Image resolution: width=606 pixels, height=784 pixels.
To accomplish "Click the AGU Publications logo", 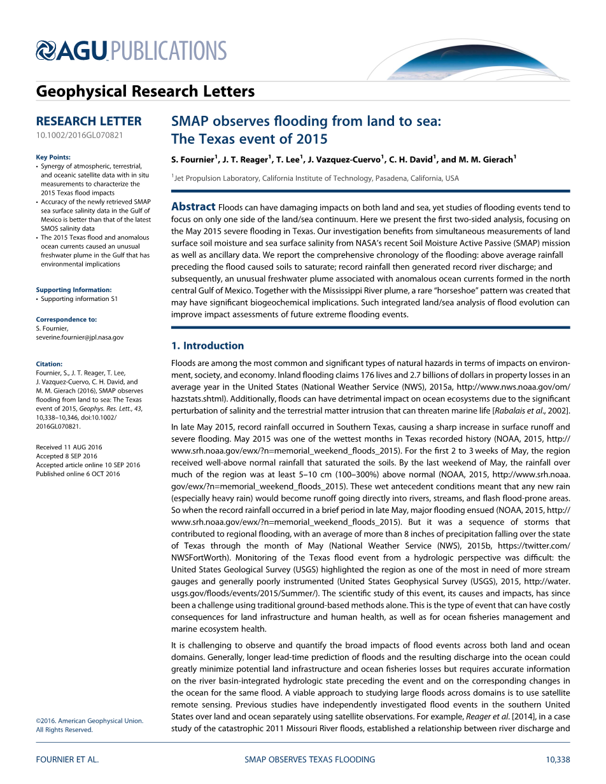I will (131, 51).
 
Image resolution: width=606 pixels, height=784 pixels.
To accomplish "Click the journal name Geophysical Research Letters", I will (145, 92).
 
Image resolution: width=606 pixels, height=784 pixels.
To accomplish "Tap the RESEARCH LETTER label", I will (88, 121).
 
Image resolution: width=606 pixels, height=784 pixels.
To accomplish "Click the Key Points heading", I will (53, 157).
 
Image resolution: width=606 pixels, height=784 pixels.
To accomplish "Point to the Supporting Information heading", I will (74, 290).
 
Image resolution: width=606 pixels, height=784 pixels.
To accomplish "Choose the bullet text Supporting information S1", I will (80, 298).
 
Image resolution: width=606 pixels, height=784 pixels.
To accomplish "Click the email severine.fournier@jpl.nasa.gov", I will (80, 337).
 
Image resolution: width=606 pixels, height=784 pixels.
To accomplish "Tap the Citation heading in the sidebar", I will (49, 365).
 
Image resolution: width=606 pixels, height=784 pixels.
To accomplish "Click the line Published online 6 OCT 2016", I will (78, 474).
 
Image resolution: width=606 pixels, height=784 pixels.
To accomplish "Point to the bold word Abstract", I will (194, 207).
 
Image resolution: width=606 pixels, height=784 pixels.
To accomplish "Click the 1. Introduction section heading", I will (208, 346).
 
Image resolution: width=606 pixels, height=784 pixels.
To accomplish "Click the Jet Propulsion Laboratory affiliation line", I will (316, 179).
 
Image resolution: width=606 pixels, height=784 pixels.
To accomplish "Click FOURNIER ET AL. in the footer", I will (67, 759).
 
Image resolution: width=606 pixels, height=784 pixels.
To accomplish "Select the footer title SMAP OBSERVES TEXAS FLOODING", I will (310, 759).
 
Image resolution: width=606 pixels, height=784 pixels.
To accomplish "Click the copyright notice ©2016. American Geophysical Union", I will (90, 720).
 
